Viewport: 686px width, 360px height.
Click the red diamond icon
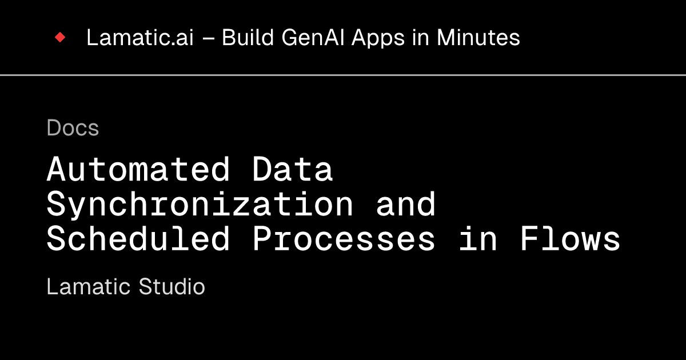click(x=60, y=38)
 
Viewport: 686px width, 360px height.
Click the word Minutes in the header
click(x=478, y=38)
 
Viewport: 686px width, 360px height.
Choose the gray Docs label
click(x=73, y=128)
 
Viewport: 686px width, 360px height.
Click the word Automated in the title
click(x=138, y=169)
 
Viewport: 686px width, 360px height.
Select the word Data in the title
click(x=293, y=169)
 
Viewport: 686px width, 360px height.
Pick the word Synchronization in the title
click(x=200, y=204)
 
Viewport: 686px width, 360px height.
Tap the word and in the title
click(x=406, y=204)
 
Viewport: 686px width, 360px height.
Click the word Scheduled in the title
click(x=138, y=239)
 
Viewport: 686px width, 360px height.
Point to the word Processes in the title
click(x=344, y=239)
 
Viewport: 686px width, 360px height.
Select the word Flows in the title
click(x=570, y=239)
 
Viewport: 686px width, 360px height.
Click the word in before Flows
click(x=477, y=239)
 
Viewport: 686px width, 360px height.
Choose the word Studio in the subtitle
click(x=172, y=286)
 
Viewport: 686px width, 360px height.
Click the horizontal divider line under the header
click(x=343, y=75)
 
